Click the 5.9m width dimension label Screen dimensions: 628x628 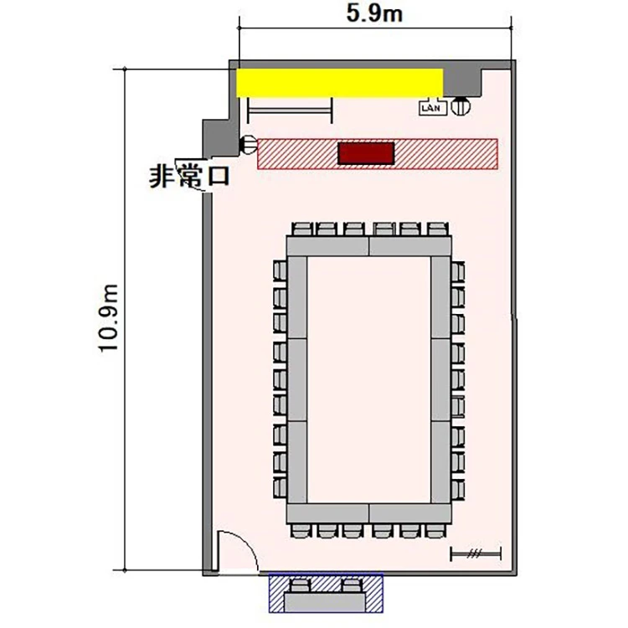[x=374, y=14]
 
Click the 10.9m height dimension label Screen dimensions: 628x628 [x=109, y=318]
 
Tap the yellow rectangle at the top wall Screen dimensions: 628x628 [x=339, y=83]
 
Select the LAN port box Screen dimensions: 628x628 [x=433, y=108]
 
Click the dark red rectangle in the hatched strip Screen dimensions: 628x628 [x=366, y=153]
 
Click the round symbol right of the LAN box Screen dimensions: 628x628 [x=461, y=106]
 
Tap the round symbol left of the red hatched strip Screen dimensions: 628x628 [x=249, y=145]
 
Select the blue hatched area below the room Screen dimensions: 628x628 [x=326, y=593]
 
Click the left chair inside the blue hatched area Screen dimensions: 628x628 [x=301, y=586]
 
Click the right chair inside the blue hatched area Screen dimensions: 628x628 [x=352, y=586]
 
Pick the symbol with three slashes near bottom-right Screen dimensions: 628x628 [x=476, y=554]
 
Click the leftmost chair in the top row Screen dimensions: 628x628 [x=301, y=229]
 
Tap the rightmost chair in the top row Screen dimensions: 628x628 [x=437, y=229]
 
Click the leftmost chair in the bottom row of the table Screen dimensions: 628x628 [x=301, y=531]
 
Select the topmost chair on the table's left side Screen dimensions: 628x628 [x=280, y=270]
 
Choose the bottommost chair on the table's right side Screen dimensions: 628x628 [x=458, y=488]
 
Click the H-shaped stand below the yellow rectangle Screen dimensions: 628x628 [x=290, y=111]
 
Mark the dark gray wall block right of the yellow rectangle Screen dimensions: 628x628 [x=461, y=82]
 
